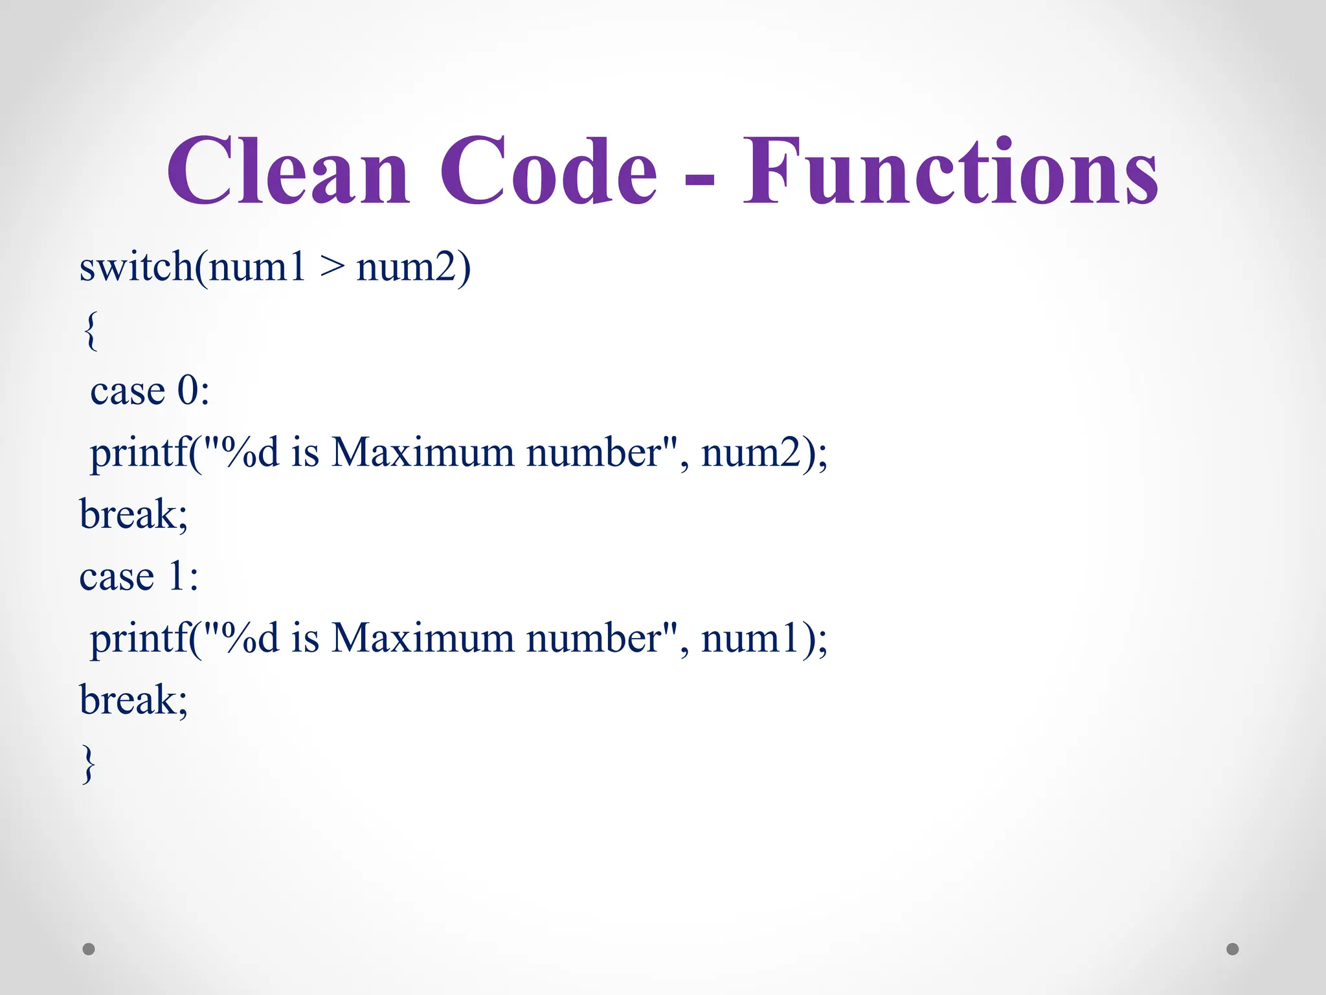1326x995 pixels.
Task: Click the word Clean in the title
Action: pyautogui.click(x=288, y=171)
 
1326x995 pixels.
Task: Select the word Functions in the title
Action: pyautogui.click(x=950, y=171)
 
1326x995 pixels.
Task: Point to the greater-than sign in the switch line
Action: pyautogui.click(x=331, y=268)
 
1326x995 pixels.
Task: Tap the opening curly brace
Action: pyautogui.click(x=91, y=330)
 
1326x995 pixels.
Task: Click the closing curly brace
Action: pyautogui.click(x=89, y=764)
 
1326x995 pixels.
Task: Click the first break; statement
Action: pyautogui.click(x=133, y=515)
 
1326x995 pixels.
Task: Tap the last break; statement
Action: pyautogui.click(x=133, y=701)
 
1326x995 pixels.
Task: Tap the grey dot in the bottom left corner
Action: pyautogui.click(x=89, y=949)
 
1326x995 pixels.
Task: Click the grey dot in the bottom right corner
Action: pyautogui.click(x=1233, y=949)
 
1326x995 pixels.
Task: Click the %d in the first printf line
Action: pyautogui.click(x=250, y=453)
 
